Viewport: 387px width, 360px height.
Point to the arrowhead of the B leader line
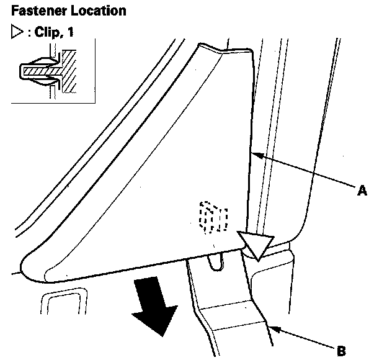[x=269, y=324]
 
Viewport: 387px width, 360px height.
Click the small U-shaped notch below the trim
[x=215, y=261]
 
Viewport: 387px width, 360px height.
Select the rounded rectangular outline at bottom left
[x=62, y=307]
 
